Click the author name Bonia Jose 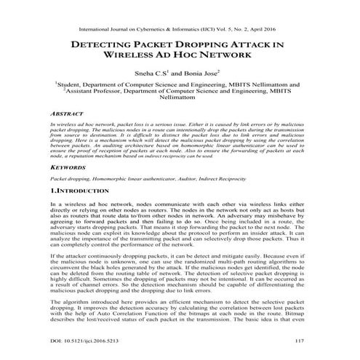(202, 73)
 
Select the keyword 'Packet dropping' (66, 178)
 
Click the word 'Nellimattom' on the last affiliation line (180, 101)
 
